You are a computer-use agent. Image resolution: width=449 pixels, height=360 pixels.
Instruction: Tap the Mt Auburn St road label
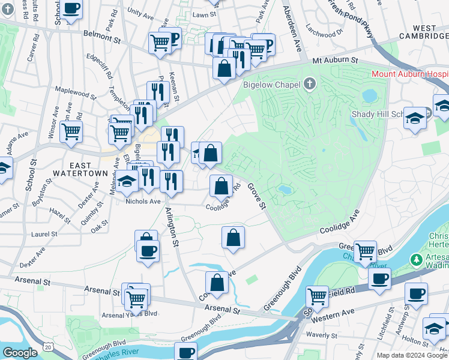point(335,61)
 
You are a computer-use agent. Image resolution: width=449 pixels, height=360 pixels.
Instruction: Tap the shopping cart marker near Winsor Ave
point(71,131)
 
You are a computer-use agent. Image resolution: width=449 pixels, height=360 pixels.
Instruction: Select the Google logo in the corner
point(20,352)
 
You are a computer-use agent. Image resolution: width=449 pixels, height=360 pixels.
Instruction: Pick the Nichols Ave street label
point(143,202)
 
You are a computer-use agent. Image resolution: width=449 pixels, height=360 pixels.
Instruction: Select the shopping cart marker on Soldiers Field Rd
point(317,296)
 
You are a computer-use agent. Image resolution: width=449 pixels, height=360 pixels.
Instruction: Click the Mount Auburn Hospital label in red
point(409,74)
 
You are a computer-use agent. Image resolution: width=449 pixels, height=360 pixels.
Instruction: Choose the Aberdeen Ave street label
point(292,27)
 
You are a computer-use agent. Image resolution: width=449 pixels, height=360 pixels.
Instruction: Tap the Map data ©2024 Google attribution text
point(412,355)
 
